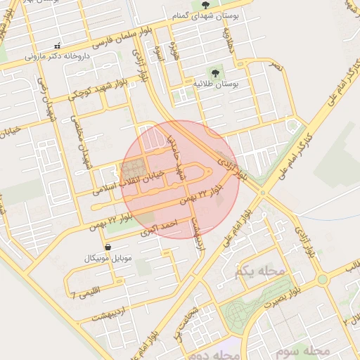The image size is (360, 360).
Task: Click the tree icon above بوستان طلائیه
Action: click(215, 72)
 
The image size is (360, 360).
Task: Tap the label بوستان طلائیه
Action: click(217, 84)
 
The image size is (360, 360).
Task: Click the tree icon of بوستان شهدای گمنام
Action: click(205, 5)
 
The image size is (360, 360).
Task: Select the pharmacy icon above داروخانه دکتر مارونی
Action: click(56, 45)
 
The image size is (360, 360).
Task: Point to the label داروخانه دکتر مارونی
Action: click(55, 56)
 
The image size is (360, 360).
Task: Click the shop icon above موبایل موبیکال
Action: click(108, 247)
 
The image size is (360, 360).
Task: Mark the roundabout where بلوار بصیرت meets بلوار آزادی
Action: click(322, 278)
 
